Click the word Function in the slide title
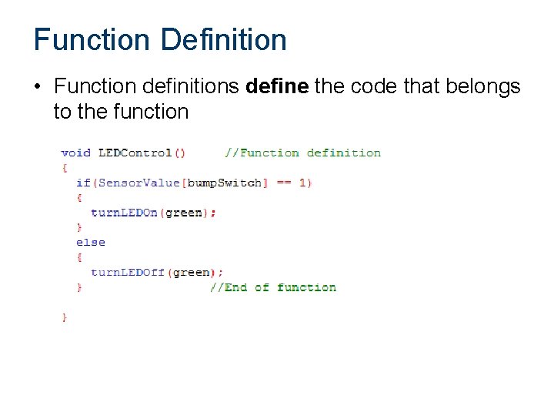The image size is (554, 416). pyautogui.click(x=92, y=39)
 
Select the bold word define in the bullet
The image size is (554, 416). pyautogui.click(x=277, y=87)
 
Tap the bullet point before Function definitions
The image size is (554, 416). pyautogui.click(x=38, y=88)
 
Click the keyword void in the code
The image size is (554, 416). pyautogui.click(x=75, y=153)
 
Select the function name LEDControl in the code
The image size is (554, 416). pyautogui.click(x=135, y=153)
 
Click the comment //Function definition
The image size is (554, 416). pyautogui.click(x=302, y=153)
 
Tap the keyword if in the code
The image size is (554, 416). pyautogui.click(x=82, y=183)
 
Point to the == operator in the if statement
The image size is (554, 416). pyautogui.click(x=283, y=183)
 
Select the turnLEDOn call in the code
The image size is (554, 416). pyautogui.click(x=123, y=213)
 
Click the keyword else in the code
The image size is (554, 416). pyautogui.click(x=90, y=242)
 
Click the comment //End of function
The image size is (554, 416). pyautogui.click(x=273, y=287)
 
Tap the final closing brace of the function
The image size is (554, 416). pyautogui.click(x=65, y=317)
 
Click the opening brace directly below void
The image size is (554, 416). pyautogui.click(x=65, y=167)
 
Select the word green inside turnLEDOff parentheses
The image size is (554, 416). pyautogui.click(x=191, y=272)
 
